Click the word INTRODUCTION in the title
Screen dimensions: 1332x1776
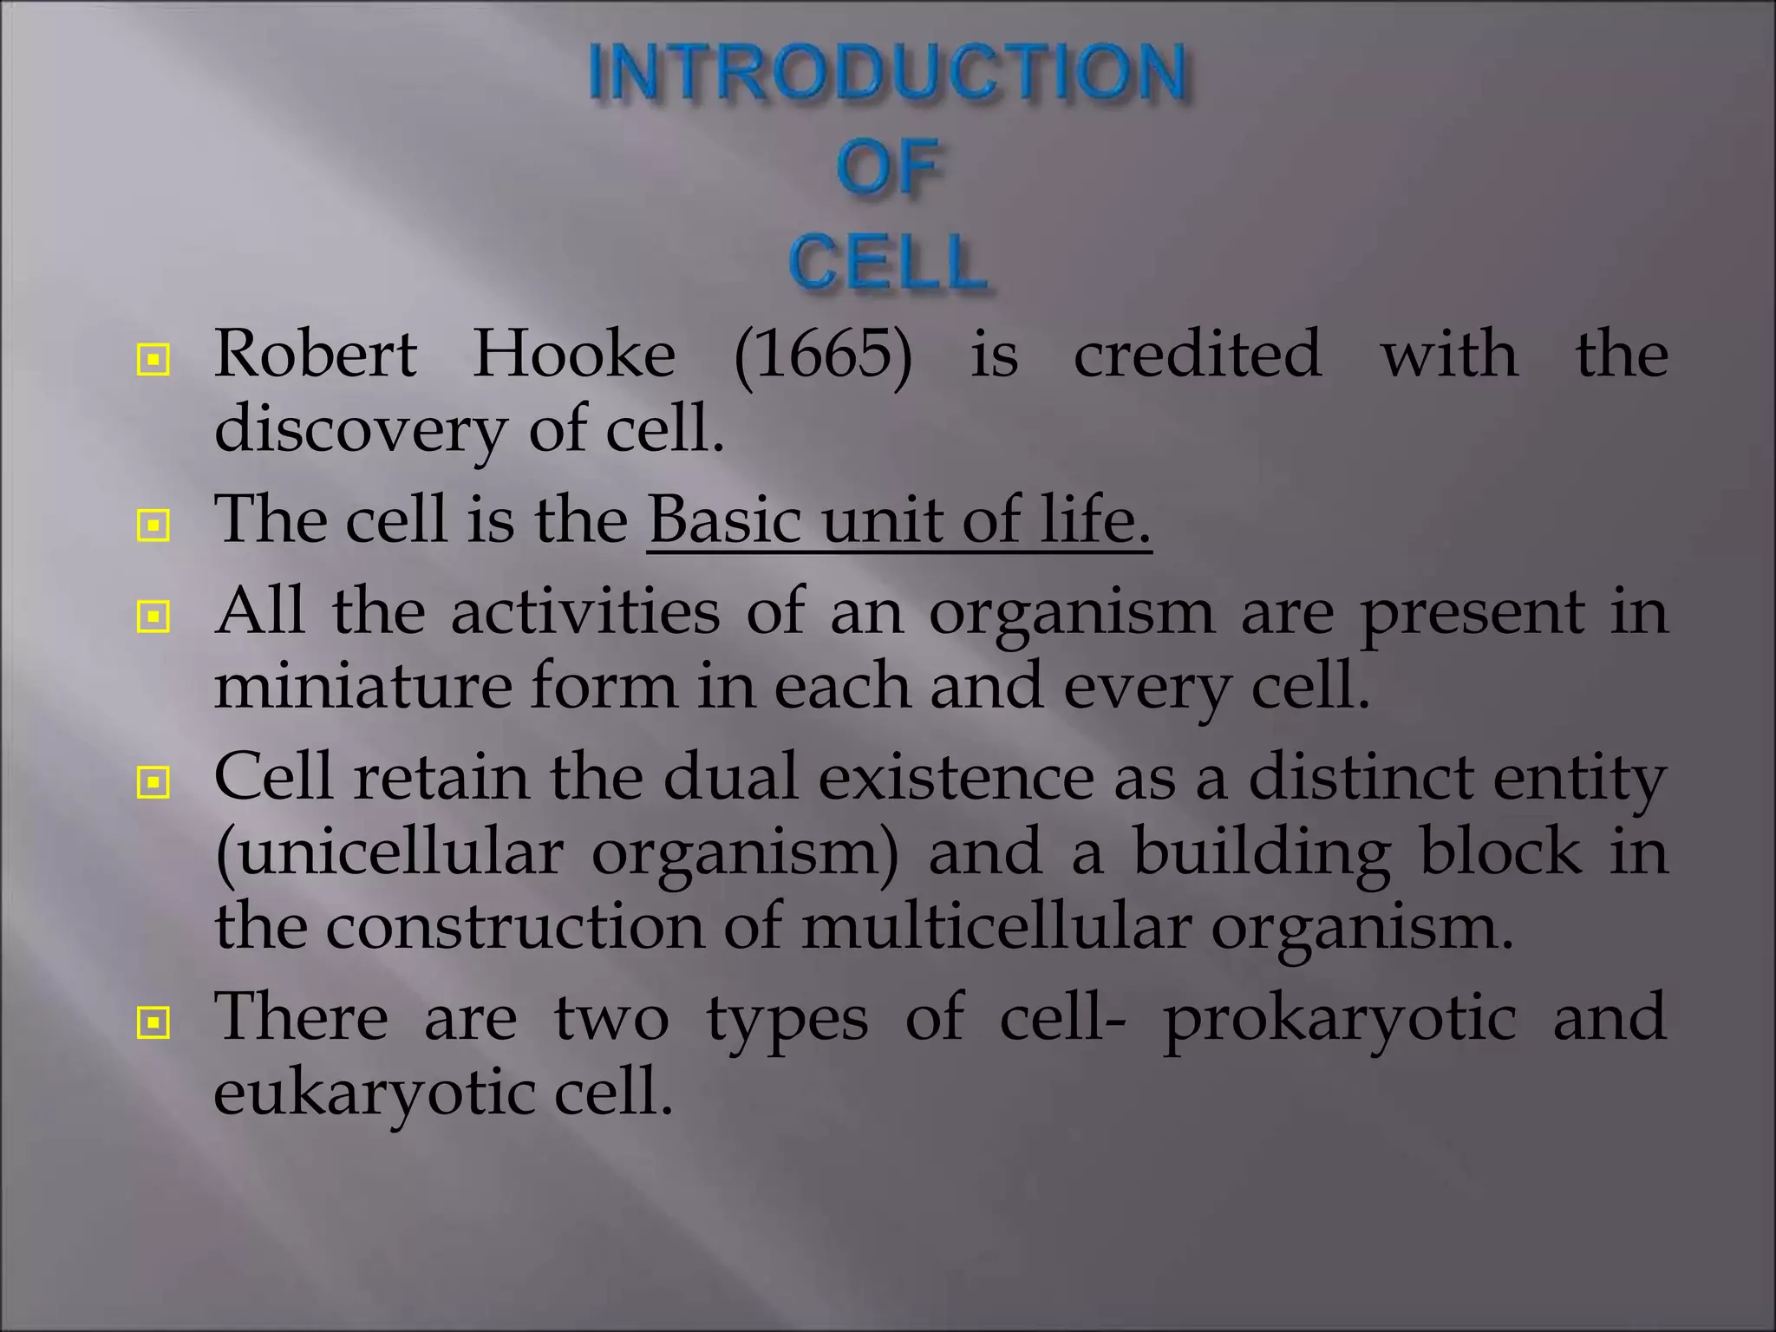pyautogui.click(x=887, y=73)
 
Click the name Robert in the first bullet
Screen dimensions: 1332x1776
pyautogui.click(x=316, y=355)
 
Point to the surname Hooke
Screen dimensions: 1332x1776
pyautogui.click(x=573, y=355)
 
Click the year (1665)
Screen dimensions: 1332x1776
pyautogui.click(x=823, y=355)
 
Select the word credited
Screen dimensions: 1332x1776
pyautogui.click(x=1198, y=355)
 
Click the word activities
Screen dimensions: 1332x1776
pyautogui.click(x=585, y=611)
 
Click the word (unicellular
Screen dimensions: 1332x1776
pyautogui.click(x=389, y=852)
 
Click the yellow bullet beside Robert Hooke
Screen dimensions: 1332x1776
pyautogui.click(x=153, y=359)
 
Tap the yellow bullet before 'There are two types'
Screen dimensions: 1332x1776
pyautogui.click(x=153, y=1023)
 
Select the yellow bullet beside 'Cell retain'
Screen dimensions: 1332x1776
pyautogui.click(x=153, y=783)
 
